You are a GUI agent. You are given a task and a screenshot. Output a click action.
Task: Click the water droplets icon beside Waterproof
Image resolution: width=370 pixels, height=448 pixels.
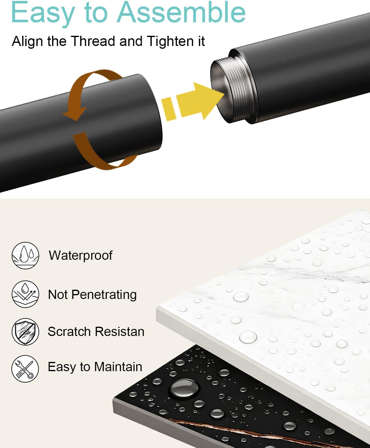[x=25, y=255]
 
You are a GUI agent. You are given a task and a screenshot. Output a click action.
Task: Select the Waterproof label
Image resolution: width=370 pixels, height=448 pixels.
[x=81, y=255]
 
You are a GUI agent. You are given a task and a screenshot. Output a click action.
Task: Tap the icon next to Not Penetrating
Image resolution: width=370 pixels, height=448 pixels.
[x=25, y=294]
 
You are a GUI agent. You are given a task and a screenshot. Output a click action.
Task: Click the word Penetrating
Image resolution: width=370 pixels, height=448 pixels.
[x=104, y=295]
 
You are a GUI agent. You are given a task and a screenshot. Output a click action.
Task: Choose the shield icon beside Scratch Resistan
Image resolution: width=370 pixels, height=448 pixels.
[x=25, y=332]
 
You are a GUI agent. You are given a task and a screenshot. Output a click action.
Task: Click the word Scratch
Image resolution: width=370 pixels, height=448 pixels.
[x=69, y=331]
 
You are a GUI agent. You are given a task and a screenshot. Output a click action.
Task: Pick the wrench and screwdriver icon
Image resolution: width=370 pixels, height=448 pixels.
[x=25, y=369]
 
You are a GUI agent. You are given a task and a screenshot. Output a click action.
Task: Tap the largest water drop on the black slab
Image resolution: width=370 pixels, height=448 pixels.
[x=184, y=388]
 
